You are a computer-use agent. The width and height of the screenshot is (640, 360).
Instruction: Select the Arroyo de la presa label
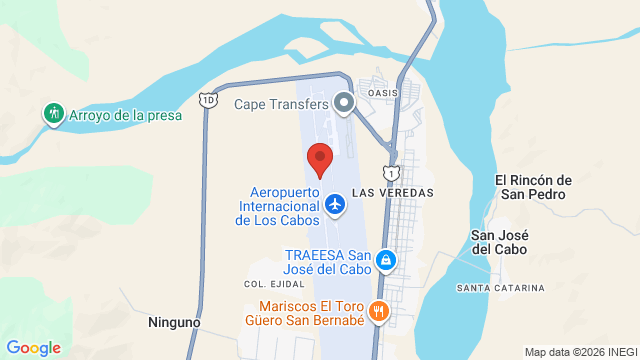click(125, 115)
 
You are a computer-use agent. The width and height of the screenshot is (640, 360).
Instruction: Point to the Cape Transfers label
click(281, 103)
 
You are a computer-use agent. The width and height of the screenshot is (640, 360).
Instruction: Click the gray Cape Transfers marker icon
click(345, 102)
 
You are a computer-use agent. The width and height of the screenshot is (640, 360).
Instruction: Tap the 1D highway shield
click(207, 100)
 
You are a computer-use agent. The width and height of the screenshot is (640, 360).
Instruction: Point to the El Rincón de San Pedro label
click(534, 187)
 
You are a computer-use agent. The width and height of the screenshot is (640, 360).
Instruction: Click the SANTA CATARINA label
click(500, 288)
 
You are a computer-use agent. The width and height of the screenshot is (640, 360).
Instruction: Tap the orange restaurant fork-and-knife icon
click(378, 310)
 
